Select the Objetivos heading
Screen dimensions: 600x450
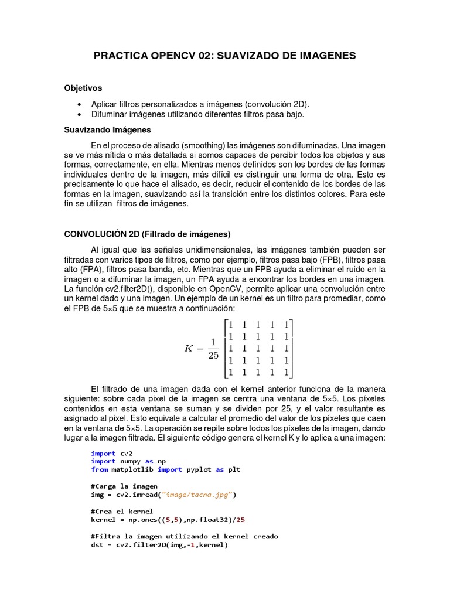[83, 88]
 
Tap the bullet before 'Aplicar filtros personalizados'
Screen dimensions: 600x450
[79, 104]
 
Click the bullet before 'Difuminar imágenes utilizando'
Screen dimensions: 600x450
[79, 115]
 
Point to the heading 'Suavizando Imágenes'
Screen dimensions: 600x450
[107, 129]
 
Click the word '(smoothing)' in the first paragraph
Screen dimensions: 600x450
[203, 145]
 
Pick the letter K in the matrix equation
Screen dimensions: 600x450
[189, 348]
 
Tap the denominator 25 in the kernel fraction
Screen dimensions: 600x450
[213, 356]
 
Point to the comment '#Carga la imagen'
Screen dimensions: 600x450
[124, 486]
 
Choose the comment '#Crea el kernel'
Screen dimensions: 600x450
[122, 512]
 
